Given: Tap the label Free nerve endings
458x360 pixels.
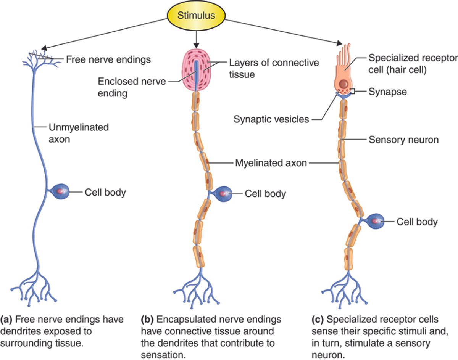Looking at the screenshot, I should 108,59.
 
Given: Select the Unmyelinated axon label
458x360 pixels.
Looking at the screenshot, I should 78,133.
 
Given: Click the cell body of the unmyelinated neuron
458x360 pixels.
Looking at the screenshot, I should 60,191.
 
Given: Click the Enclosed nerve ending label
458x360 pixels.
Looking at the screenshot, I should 132,87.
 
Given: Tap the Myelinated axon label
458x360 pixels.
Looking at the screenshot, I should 271,163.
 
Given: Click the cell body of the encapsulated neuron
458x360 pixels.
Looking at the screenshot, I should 223,194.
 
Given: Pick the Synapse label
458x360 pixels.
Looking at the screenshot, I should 387,92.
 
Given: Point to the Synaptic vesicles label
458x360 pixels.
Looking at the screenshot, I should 271,119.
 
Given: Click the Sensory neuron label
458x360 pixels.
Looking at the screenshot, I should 403,140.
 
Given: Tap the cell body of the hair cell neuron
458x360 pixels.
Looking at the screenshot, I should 376,221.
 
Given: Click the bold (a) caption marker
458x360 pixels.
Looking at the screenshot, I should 8,319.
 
